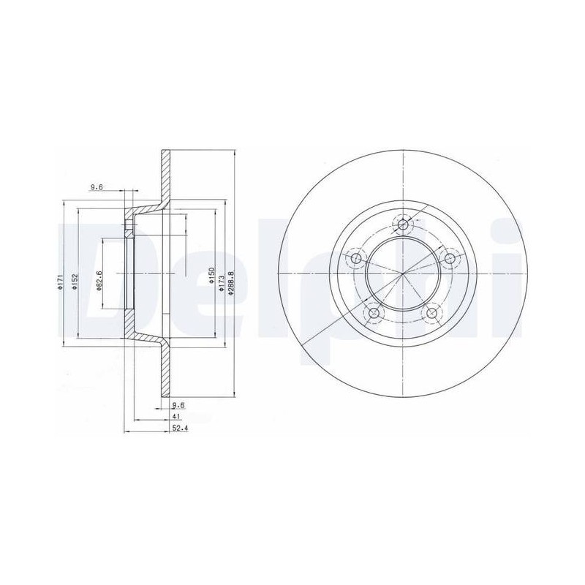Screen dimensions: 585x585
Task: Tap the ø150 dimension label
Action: click(x=212, y=276)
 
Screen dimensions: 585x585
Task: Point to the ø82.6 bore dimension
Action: click(x=99, y=281)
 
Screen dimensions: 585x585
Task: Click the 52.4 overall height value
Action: click(x=179, y=429)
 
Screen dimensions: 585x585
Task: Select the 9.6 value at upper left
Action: click(x=97, y=188)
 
